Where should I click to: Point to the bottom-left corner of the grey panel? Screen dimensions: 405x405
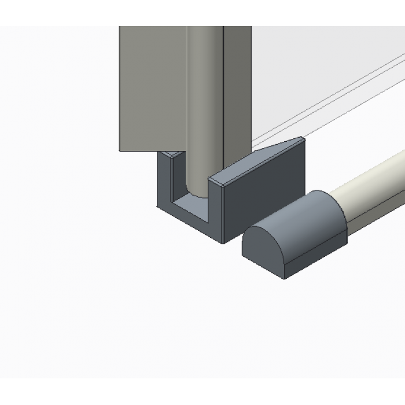coord(120,151)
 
